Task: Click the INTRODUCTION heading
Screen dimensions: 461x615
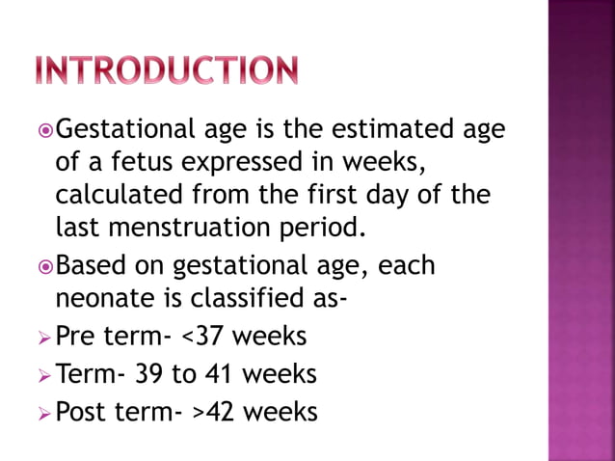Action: [166, 70]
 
